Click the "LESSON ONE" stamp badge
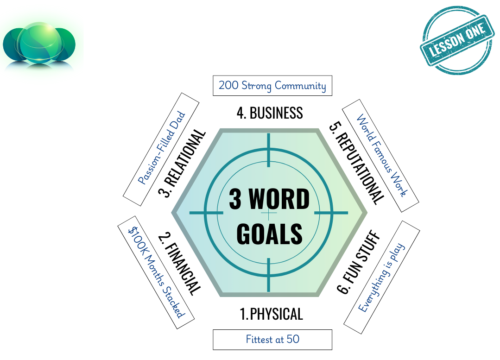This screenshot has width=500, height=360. click(x=456, y=40)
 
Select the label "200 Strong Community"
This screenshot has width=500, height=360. click(x=272, y=86)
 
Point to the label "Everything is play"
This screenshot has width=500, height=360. click(x=381, y=278)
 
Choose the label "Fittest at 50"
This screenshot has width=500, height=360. click(x=272, y=340)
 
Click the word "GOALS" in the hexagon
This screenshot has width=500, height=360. click(x=269, y=234)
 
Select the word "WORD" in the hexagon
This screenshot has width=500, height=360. click(x=279, y=199)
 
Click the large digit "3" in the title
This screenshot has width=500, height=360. click(x=235, y=199)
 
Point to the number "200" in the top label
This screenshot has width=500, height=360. click(x=228, y=86)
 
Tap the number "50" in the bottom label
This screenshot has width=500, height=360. click(x=293, y=339)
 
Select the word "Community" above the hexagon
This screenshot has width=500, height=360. click(x=300, y=86)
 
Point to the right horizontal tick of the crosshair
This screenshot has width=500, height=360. click(x=331, y=213)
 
